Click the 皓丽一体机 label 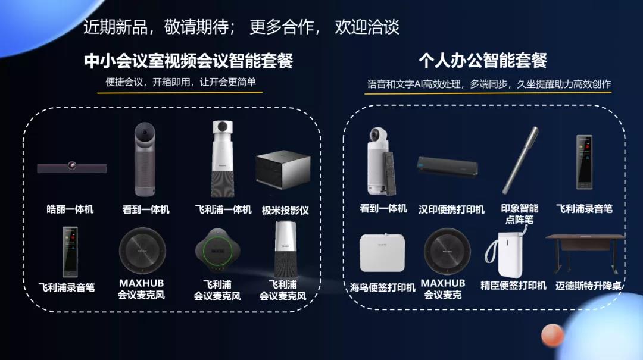click(70, 209)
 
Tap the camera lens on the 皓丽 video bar click(72, 165)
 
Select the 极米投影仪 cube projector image click(283, 170)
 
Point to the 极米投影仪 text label click(285, 210)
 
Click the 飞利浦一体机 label click(223, 209)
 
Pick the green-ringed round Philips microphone click(217, 251)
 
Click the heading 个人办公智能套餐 click(483, 61)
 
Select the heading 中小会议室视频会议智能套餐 click(188, 61)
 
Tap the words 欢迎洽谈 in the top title click(367, 27)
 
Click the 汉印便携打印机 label click(451, 209)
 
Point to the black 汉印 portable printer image click(447, 167)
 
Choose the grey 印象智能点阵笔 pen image click(520, 160)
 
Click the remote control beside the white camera click(389, 173)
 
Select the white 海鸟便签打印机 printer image click(382, 252)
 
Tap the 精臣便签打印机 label click(513, 286)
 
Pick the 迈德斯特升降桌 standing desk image click(585, 253)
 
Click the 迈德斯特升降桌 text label click(588, 286)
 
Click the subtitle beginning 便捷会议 click(180, 82)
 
